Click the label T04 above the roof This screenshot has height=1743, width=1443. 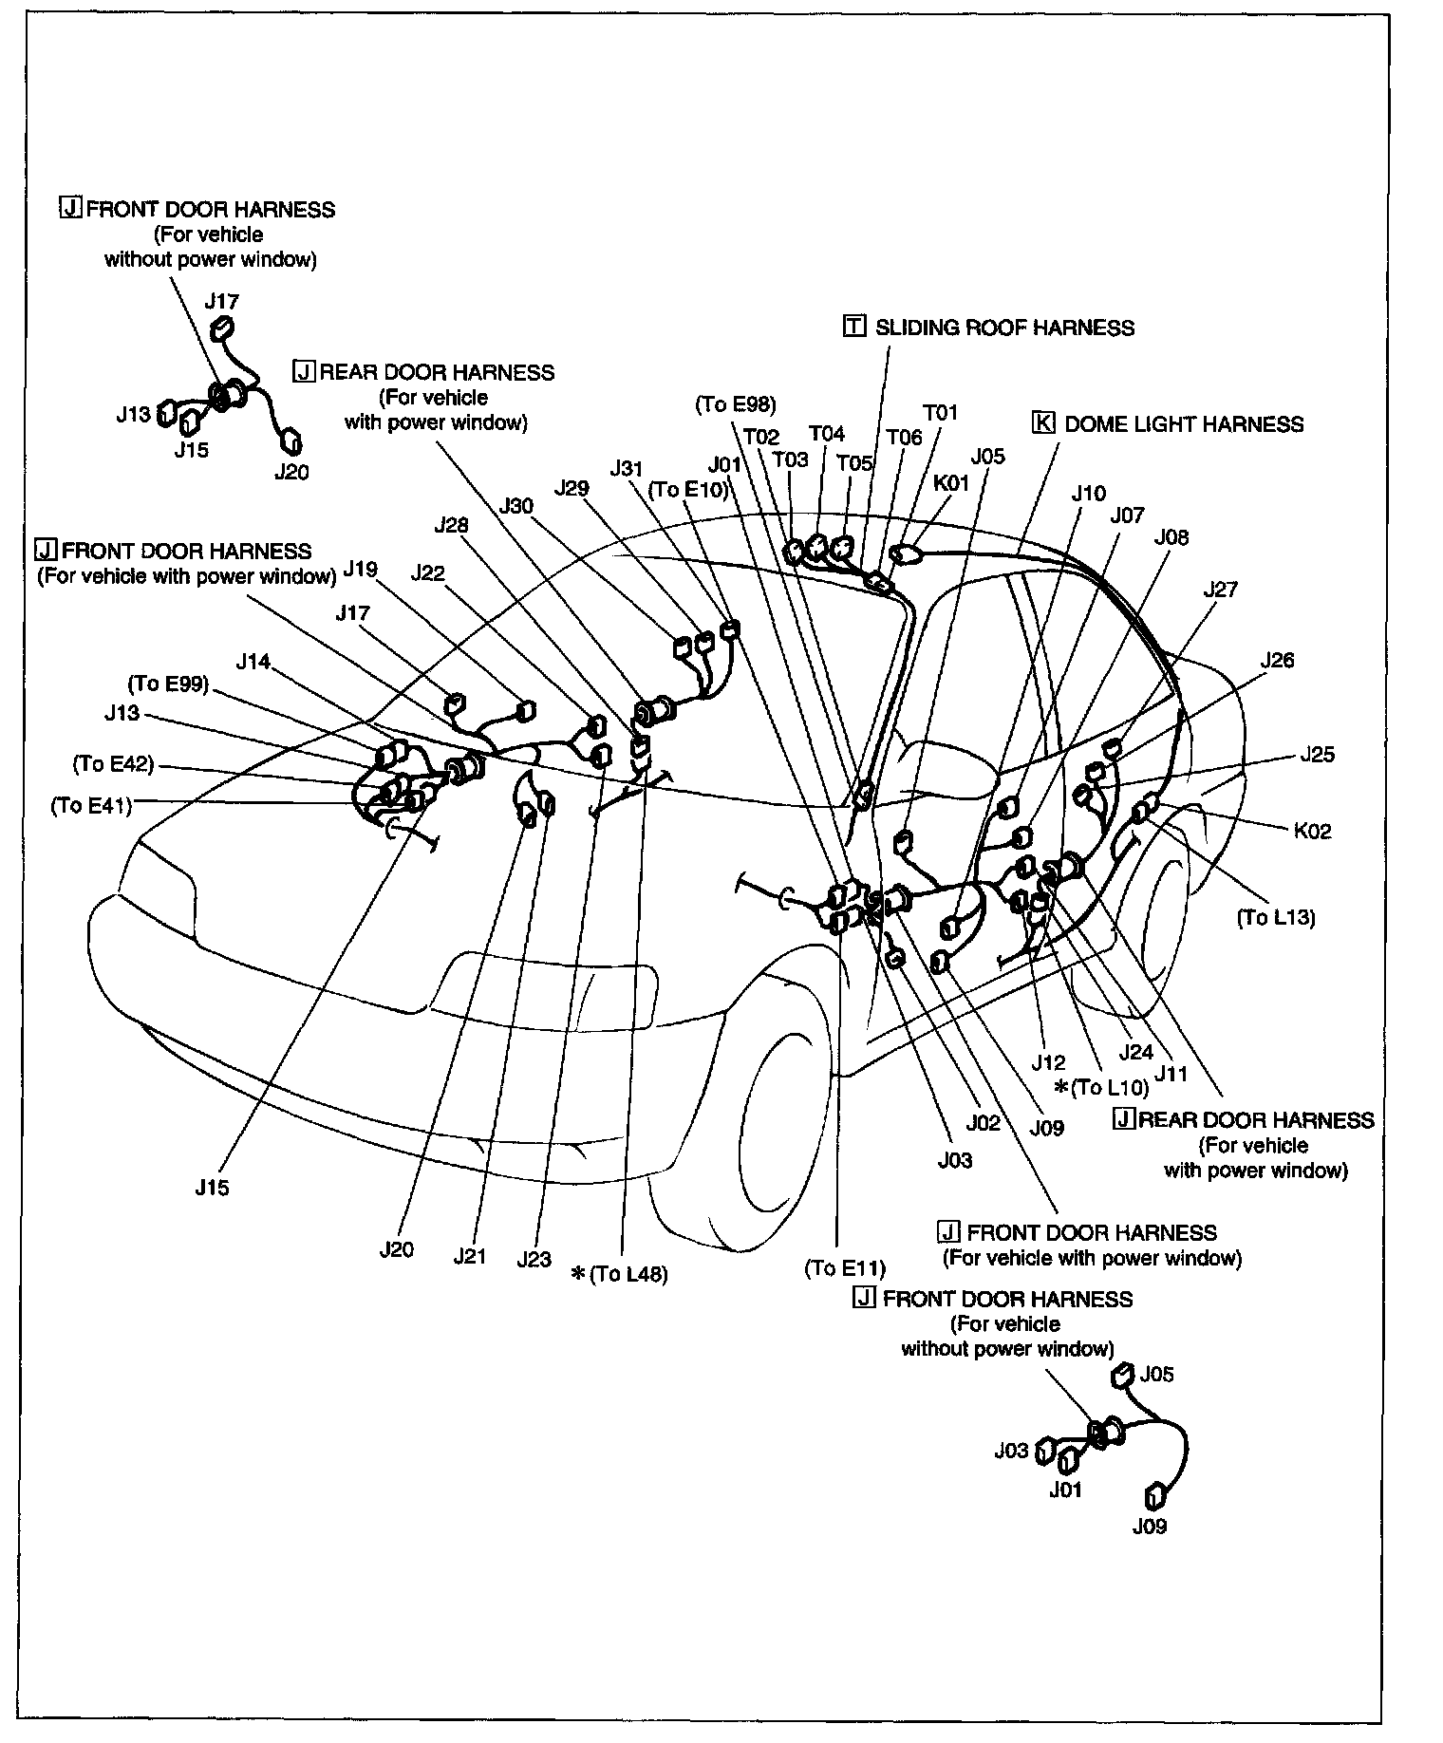(826, 434)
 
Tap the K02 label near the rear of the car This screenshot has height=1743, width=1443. (1312, 831)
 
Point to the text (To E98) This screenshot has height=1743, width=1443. (736, 404)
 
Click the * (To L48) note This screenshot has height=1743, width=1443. (619, 1274)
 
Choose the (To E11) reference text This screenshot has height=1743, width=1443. (844, 1268)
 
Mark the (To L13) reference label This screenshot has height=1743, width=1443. (1275, 917)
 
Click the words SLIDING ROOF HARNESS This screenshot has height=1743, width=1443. (1003, 328)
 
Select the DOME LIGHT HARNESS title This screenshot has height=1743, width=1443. (1183, 424)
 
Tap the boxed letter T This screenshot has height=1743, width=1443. (854, 327)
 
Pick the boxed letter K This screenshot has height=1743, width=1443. (1043, 423)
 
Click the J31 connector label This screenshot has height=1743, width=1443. (627, 468)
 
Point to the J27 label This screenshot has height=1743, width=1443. (1220, 590)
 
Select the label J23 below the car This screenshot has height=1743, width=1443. (534, 1259)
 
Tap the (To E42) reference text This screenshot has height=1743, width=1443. (113, 764)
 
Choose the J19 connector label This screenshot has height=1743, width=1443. (361, 569)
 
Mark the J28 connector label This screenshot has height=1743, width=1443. (452, 524)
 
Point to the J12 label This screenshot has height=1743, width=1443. (1048, 1062)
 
